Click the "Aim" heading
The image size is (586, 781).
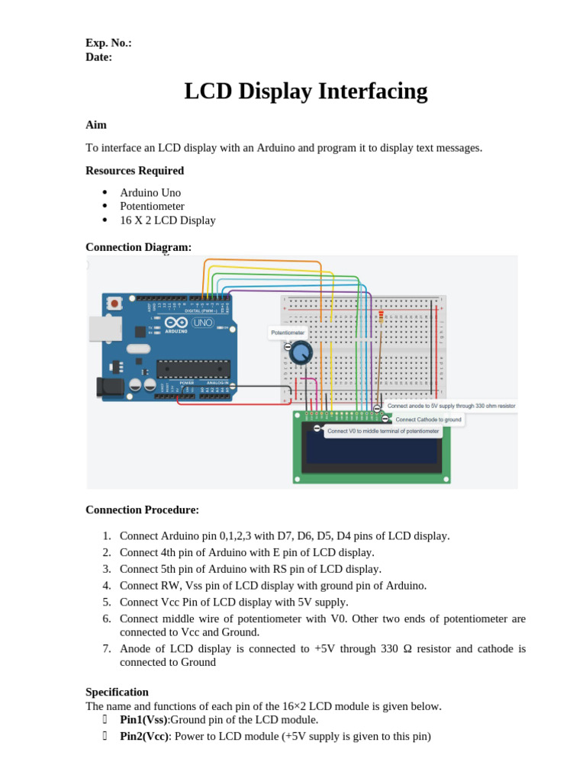[96, 124]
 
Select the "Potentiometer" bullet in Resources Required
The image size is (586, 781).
[152, 206]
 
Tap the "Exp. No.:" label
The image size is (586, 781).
[108, 43]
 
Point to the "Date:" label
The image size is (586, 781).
[98, 56]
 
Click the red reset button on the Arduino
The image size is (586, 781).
[114, 304]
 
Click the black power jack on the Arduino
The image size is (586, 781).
[110, 387]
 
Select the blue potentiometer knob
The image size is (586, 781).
[301, 352]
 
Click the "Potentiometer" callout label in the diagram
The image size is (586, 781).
[288, 333]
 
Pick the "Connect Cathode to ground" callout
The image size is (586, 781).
[427, 419]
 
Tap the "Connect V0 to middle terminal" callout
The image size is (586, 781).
[383, 431]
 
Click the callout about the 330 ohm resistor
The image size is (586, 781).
[451, 407]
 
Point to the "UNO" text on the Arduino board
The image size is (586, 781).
[202, 323]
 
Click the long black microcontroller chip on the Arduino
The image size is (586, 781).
[193, 368]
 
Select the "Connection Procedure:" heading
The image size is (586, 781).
[142, 509]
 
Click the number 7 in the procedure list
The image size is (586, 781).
[107, 648]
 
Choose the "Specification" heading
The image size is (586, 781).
[117, 692]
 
